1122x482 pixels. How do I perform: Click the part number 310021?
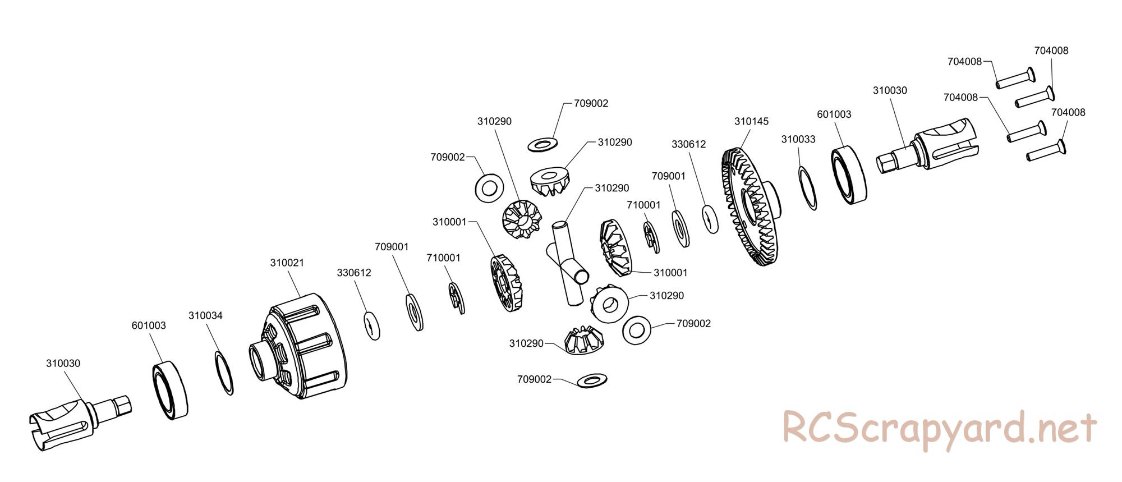point(287,263)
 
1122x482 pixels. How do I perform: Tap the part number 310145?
point(751,121)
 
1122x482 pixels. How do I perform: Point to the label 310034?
point(205,316)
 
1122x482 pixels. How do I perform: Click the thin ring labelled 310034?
point(224,373)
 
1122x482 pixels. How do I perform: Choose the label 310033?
point(798,139)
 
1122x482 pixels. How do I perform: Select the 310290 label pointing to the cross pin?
point(612,188)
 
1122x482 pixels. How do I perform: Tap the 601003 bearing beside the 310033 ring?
point(848,175)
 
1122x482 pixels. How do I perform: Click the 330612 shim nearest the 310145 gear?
point(710,219)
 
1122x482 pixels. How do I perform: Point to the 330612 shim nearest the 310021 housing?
point(371,325)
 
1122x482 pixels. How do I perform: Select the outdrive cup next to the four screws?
point(928,149)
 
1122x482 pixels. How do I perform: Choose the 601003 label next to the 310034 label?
point(149,325)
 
